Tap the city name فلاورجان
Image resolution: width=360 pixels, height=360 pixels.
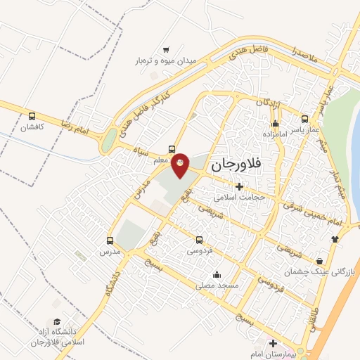[236, 165]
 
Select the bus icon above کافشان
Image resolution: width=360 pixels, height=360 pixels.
[32, 117]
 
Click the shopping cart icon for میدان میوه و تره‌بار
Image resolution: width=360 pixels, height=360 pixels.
[166, 50]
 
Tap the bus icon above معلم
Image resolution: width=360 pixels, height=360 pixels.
[172, 149]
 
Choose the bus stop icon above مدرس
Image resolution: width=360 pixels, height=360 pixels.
[110, 239]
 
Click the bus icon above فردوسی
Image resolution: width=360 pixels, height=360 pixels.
[199, 239]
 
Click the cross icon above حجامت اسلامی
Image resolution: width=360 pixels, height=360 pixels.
[240, 186]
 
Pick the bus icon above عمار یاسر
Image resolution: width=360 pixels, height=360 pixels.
[304, 119]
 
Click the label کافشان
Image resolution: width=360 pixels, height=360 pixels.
[31, 128]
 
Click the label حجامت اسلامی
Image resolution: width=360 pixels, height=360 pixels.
[240, 198]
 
